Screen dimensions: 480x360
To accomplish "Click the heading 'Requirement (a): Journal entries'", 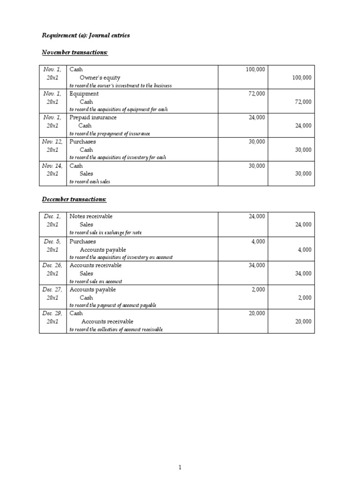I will pos(86,36).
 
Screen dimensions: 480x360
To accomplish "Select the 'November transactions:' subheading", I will pos(75,52).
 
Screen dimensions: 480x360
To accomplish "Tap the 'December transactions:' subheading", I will pos(74,200).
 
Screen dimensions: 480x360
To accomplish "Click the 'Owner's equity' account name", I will pos(100,78).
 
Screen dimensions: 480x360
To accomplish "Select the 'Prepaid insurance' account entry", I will pos(93,118).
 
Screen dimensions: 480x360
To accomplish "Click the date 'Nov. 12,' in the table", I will pos(52,142).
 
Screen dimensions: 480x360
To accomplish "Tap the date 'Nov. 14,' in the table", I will pos(52,166).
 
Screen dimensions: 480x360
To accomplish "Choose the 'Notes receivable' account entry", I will pos(91,217).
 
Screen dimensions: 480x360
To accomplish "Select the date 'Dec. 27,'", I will pos(52,290).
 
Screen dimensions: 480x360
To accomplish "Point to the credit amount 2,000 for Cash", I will pos(304,298).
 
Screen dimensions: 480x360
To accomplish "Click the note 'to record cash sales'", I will pos(90,182).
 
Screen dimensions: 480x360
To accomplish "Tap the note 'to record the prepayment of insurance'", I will pos(110,134).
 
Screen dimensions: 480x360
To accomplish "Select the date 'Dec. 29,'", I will pos(52,314).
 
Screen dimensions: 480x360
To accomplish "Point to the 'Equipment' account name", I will pos(84,94).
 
